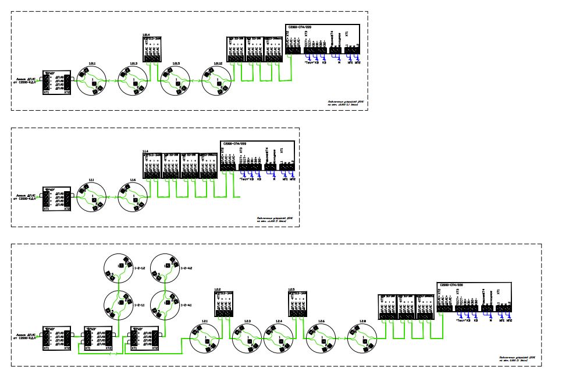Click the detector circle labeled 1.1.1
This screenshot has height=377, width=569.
pos(93,199)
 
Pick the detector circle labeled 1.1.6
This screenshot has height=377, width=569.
pos(134,199)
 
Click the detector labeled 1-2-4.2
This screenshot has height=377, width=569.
pos(166,267)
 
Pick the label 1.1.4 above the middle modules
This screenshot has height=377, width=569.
pos(146,152)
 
